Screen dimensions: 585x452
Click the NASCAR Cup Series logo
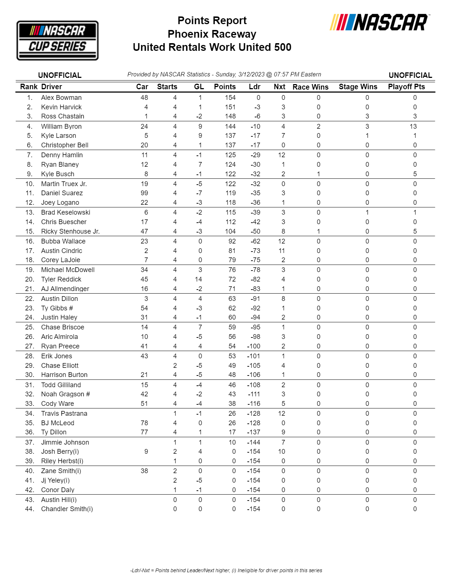(x=57, y=40)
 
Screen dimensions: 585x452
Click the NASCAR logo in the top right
(x=380, y=22)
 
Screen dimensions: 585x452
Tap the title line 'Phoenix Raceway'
(x=212, y=34)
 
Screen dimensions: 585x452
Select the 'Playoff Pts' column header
(x=406, y=87)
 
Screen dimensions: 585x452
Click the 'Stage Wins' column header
(x=358, y=87)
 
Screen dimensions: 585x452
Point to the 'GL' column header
(x=199, y=87)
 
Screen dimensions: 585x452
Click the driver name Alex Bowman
(x=61, y=98)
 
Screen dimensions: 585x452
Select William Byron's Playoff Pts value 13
(x=413, y=127)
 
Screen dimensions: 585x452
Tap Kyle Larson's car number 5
(x=146, y=136)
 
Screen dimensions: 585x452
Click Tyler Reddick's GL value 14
(x=198, y=279)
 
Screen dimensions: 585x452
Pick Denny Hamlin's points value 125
(x=230, y=155)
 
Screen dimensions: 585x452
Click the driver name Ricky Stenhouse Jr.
(x=70, y=231)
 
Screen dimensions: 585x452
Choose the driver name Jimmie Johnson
(x=65, y=442)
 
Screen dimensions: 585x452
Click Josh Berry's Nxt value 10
(x=281, y=452)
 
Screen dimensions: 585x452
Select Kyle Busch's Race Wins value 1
(x=319, y=174)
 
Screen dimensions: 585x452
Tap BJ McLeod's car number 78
(x=144, y=423)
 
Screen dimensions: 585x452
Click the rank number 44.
(x=29, y=509)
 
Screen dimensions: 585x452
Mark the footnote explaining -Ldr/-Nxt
(x=226, y=570)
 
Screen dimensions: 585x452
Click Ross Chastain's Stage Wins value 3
(x=367, y=116)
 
